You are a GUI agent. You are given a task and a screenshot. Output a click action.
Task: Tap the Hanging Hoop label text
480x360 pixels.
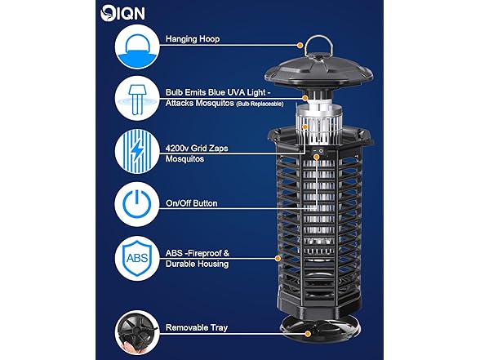[192, 38]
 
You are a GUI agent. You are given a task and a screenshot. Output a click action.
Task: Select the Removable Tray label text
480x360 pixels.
[196, 327]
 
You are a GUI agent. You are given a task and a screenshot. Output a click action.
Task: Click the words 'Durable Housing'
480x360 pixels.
[197, 264]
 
